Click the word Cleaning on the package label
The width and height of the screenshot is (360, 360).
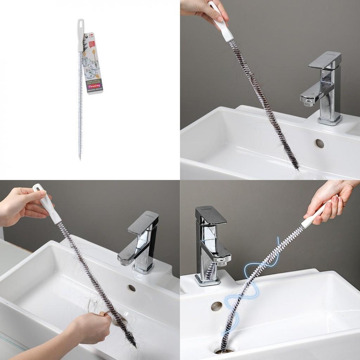point(94,85)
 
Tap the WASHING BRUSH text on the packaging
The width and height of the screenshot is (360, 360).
point(95,90)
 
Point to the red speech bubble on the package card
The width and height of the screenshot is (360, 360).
point(92,45)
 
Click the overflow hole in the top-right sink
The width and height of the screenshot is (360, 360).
point(320,143)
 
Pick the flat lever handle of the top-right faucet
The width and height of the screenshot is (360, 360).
point(325,59)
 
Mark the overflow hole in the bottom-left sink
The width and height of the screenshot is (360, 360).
point(132,288)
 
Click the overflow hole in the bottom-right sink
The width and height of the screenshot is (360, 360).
point(217,306)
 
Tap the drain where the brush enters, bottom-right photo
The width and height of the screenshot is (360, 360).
point(223,351)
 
